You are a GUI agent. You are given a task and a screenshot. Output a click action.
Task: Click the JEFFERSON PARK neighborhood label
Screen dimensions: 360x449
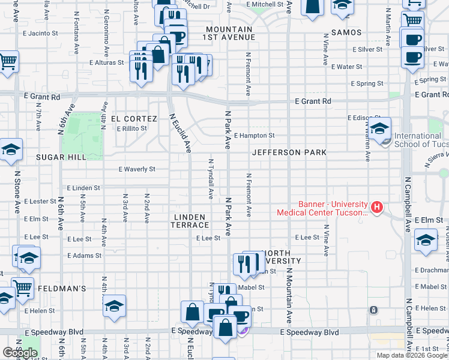click(289, 152)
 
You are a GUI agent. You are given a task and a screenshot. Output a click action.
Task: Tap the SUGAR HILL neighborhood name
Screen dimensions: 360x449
click(61, 157)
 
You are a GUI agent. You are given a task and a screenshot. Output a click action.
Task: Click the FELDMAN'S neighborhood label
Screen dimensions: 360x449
click(62, 289)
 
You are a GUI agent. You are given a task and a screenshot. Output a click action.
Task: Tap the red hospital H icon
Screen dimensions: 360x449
click(377, 208)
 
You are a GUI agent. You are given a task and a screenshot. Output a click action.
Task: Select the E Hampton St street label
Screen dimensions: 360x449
click(255, 136)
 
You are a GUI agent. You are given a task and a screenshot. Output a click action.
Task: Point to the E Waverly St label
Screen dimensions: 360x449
click(137, 170)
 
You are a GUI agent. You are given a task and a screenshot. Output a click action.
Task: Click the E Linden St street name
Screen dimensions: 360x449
click(83, 188)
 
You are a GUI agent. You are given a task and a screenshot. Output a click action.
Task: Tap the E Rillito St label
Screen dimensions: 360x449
click(132, 128)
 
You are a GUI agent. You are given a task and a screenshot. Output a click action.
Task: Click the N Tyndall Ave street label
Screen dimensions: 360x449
click(211, 178)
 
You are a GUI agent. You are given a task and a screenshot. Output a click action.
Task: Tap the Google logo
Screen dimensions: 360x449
click(20, 353)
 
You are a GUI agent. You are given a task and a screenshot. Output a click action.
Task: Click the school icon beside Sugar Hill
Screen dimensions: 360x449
click(11, 150)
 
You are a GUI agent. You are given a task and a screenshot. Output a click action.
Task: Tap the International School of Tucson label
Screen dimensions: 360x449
click(418, 140)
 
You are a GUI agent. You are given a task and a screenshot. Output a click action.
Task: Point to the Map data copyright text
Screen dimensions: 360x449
click(412, 355)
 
